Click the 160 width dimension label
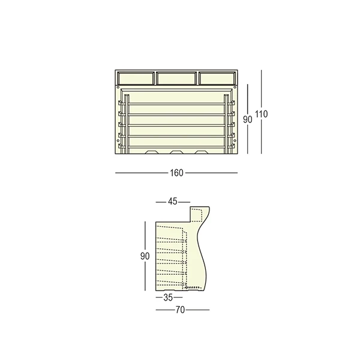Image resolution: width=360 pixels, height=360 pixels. (x=176, y=173)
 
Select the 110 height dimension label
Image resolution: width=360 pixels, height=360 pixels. (x=261, y=114)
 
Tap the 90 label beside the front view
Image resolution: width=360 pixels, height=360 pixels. (x=247, y=119)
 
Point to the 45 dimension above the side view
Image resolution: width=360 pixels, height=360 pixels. (x=173, y=202)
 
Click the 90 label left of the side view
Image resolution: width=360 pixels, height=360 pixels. (x=145, y=256)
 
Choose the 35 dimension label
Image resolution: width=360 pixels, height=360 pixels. (x=169, y=298)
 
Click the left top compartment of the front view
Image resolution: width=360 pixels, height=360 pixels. (x=136, y=78)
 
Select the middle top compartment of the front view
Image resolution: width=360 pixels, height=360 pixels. (x=176, y=78)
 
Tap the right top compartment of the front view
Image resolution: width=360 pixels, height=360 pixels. (x=217, y=78)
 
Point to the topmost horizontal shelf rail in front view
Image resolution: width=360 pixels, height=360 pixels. (x=176, y=103)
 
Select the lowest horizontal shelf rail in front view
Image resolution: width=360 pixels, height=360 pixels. (x=176, y=146)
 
